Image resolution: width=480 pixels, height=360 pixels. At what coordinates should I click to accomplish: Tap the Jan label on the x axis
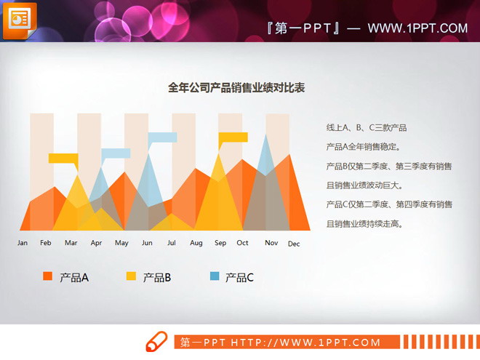coord(23,243)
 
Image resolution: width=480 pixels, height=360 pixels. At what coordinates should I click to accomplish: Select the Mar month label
coord(71,243)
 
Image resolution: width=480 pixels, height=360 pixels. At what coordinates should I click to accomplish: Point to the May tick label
coord(121,243)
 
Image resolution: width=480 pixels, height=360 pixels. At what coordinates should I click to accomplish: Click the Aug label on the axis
coord(196,243)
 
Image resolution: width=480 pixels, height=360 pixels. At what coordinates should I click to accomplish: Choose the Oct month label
coord(242,243)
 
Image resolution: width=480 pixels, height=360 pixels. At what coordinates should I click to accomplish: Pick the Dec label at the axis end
coord(294,244)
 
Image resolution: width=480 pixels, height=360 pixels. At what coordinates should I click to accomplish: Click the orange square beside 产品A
coord(47,276)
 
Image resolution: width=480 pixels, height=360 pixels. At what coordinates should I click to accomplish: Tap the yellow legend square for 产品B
coord(132,276)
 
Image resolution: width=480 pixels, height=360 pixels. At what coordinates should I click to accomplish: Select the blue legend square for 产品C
coord(215,276)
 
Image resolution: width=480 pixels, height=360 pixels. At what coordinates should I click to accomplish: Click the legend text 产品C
coord(239,277)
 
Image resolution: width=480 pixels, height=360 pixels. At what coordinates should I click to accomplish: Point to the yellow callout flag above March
coord(63,158)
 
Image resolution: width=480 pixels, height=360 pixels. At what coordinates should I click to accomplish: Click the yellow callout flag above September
coord(233,137)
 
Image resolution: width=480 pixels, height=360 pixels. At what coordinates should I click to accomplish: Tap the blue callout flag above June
coord(162,137)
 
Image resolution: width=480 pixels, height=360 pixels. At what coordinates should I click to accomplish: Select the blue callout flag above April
coord(116,153)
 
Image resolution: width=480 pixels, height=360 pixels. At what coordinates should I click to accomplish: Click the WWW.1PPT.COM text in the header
coord(417,28)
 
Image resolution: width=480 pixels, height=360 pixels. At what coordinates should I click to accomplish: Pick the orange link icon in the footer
coord(157,341)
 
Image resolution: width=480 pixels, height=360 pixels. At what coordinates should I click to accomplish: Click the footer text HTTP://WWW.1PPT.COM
coord(305,343)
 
